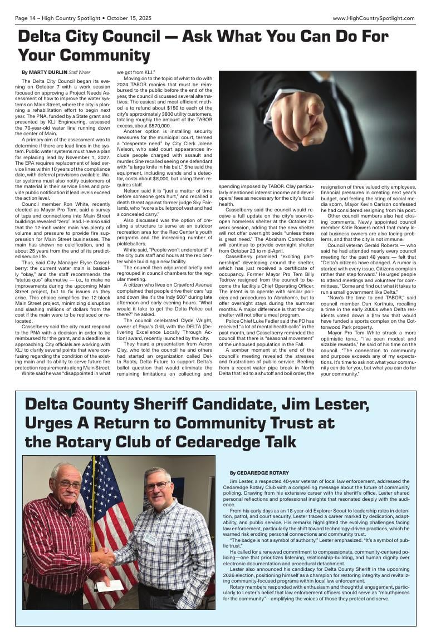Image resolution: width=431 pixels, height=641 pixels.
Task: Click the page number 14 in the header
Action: tap(33, 18)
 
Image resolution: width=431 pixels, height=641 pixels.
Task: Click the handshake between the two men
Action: tap(104, 556)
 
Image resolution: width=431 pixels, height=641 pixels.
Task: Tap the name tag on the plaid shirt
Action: tap(150, 538)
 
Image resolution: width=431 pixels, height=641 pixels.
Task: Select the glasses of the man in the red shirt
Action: tap(70, 485)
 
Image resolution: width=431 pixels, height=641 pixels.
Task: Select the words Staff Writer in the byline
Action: tap(80, 72)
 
